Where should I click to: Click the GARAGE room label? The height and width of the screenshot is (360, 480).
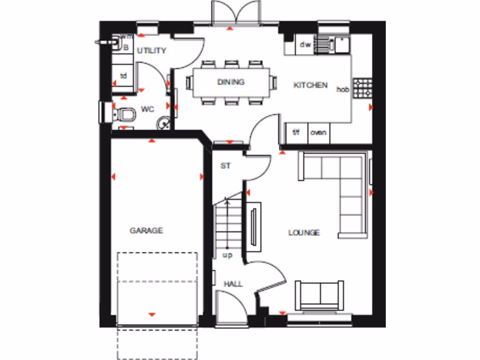tap(146, 231)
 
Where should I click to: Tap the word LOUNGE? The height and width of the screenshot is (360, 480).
tap(304, 232)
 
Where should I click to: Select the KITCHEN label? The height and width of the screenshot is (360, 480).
tap(310, 85)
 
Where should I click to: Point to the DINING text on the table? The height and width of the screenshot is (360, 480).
tap(231, 82)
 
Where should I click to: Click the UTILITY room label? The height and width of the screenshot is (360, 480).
tap(151, 51)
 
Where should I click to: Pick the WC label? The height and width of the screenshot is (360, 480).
tap(147, 110)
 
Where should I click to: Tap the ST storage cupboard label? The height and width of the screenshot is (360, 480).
tap(225, 166)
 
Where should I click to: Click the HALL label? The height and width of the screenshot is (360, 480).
tap(233, 284)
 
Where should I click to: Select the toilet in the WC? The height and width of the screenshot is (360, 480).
tap(124, 114)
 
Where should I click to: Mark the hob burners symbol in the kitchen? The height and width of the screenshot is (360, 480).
tap(362, 88)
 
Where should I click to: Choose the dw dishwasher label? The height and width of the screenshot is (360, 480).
tap(306, 45)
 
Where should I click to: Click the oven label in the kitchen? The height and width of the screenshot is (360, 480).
tap(318, 133)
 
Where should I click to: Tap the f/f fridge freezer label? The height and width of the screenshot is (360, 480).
tap(296, 133)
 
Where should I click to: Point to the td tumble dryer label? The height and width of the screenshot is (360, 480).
tap(124, 76)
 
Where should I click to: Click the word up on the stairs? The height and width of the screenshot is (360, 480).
tap(227, 255)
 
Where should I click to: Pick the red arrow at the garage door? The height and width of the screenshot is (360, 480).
tap(151, 315)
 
